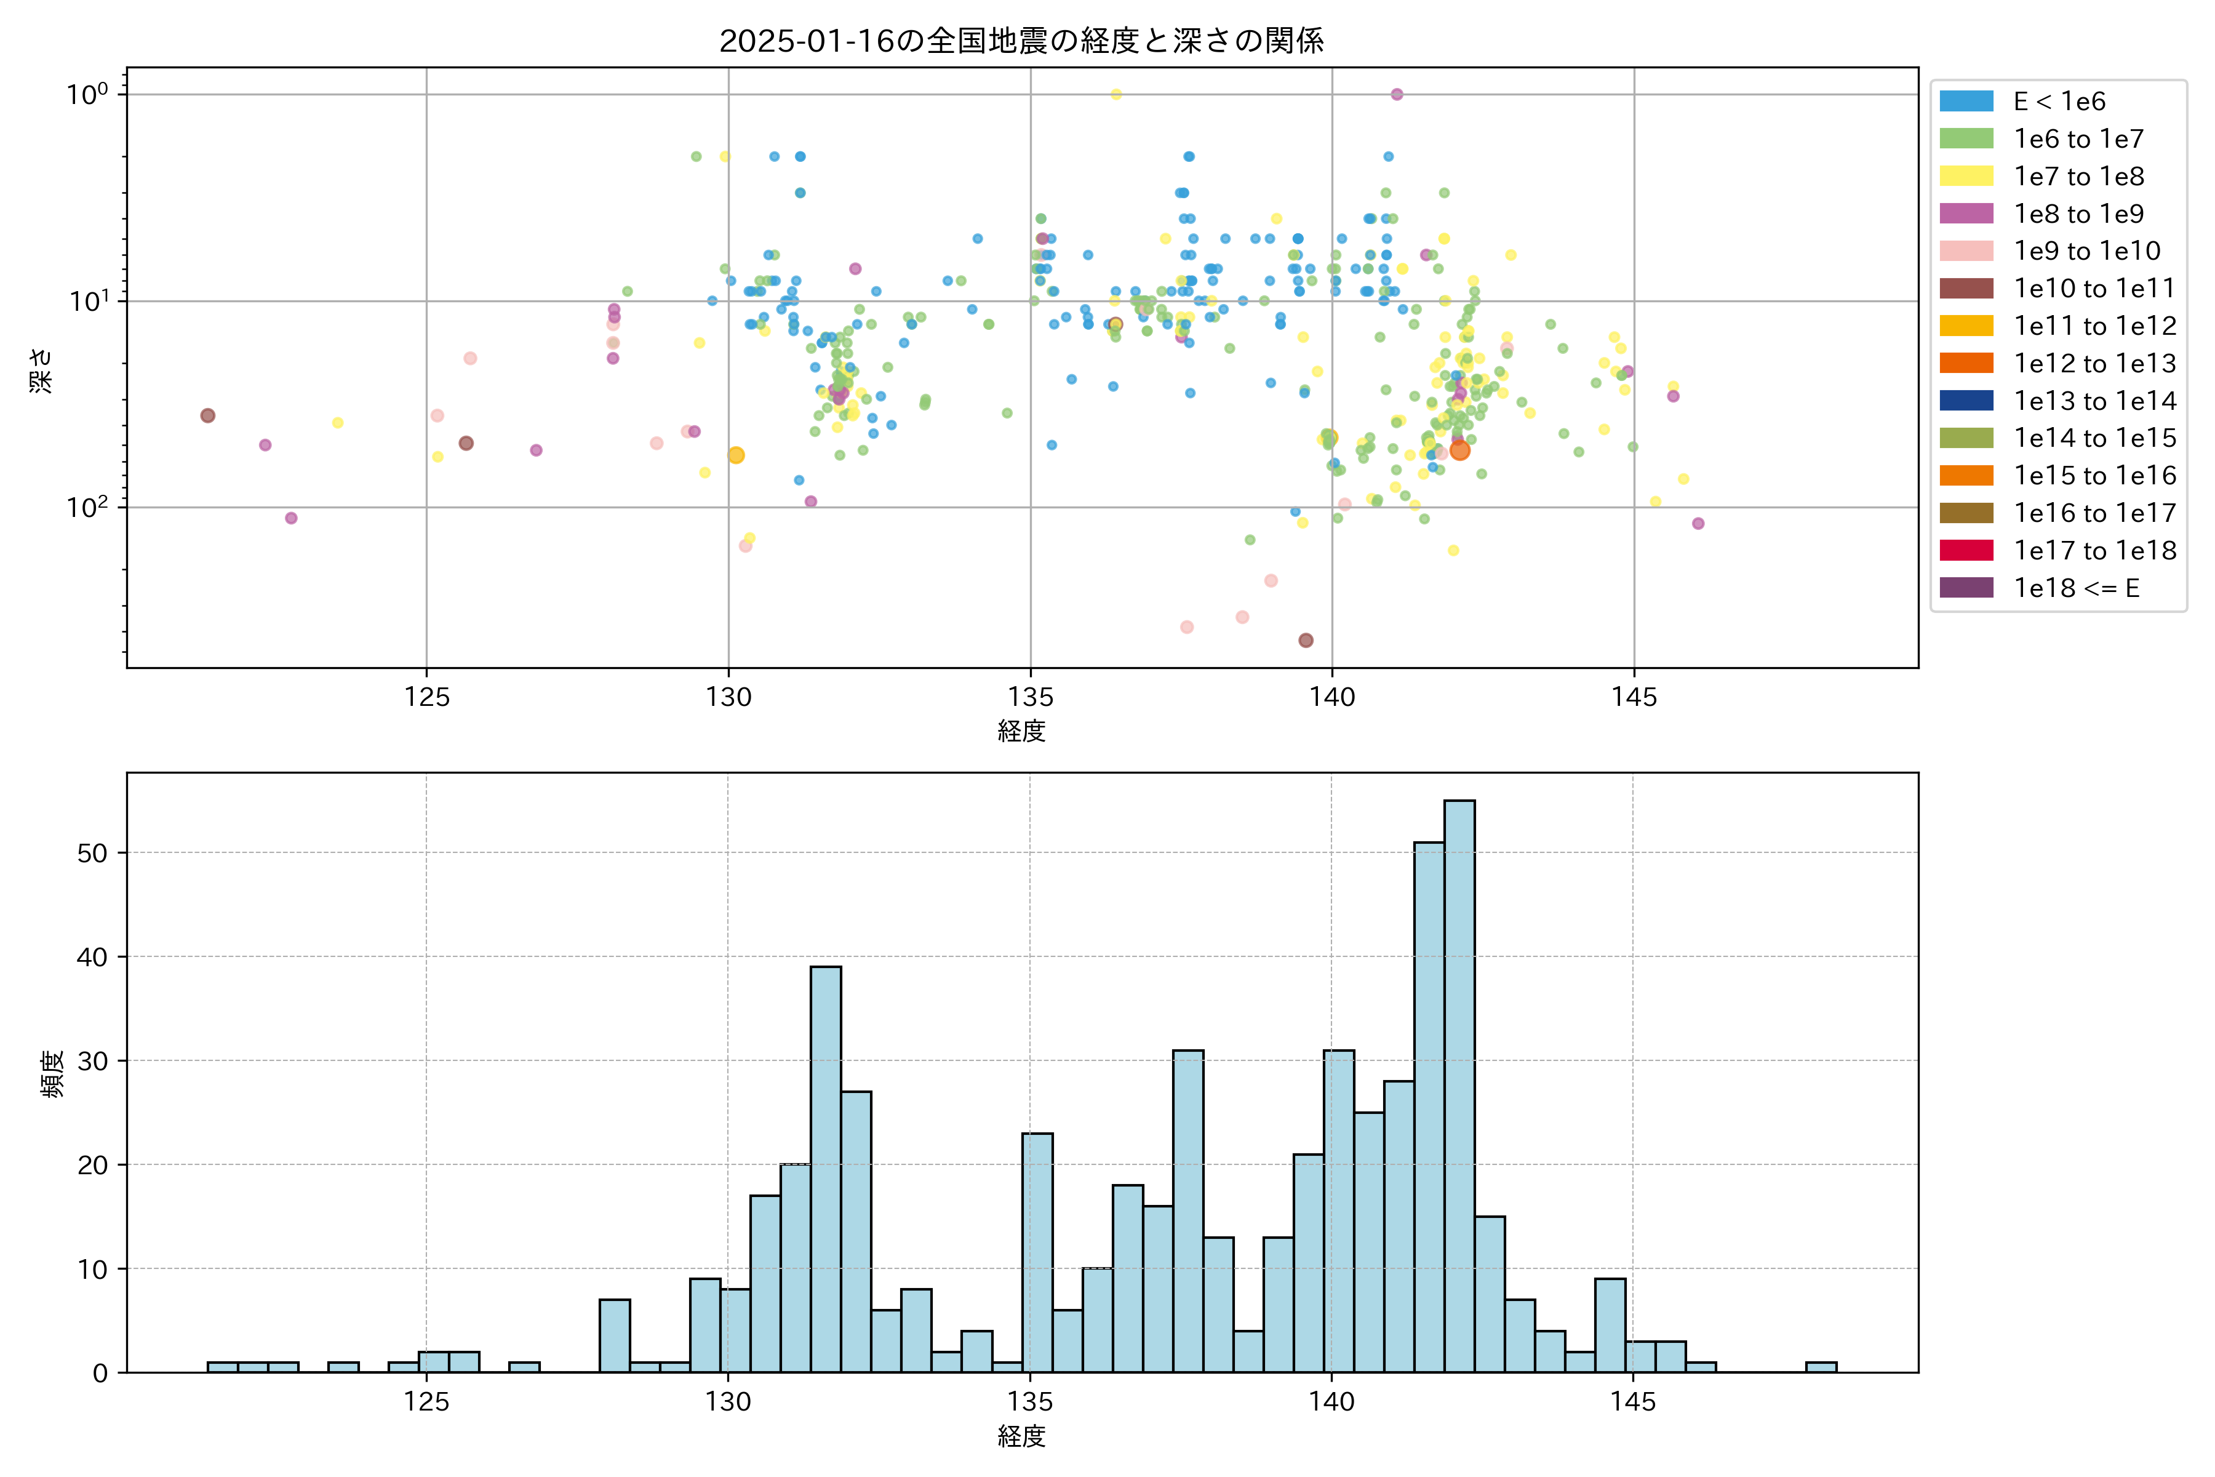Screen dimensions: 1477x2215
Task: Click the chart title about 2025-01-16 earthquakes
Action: pyautogui.click(x=1022, y=41)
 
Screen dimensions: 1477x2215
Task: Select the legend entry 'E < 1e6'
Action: pyautogui.click(x=2059, y=102)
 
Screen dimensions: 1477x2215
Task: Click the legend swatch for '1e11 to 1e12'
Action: pyautogui.click(x=1966, y=326)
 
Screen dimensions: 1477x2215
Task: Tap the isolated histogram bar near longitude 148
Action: pyautogui.click(x=1821, y=1367)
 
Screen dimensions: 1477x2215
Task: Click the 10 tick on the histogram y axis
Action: pyautogui.click(x=92, y=1270)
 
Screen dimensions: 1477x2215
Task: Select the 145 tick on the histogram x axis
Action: pyautogui.click(x=1632, y=1403)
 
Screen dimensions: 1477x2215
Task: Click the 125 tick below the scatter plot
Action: pyautogui.click(x=426, y=698)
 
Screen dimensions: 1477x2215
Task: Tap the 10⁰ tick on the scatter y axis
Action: pyautogui.click(x=87, y=94)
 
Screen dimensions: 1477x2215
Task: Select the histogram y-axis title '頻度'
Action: pyautogui.click(x=53, y=1074)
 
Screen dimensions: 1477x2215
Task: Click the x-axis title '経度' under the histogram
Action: pyautogui.click(x=1022, y=1436)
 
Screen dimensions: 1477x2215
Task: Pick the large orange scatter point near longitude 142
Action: pyautogui.click(x=1459, y=450)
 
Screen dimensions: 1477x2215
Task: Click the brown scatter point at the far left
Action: pyautogui.click(x=208, y=415)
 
